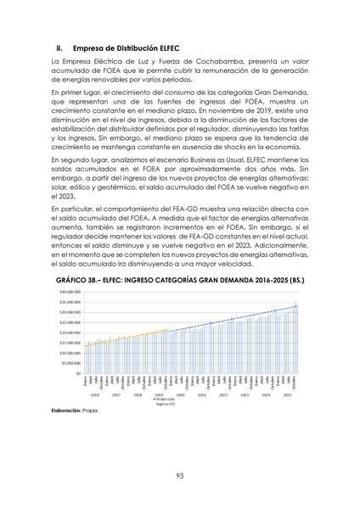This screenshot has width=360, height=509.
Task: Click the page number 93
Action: pos(180,476)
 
